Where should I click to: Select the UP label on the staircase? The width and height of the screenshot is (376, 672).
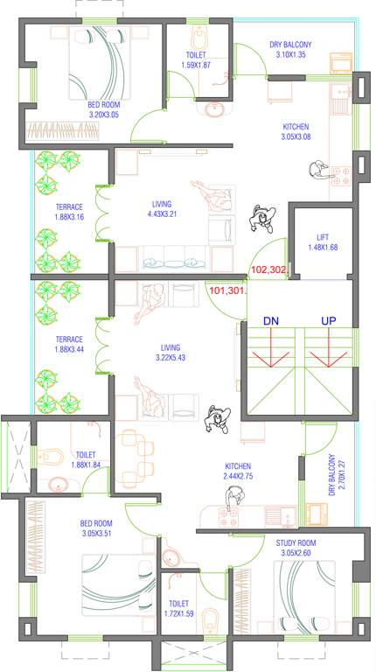point(328,321)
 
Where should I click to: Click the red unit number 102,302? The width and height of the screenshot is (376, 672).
point(268,270)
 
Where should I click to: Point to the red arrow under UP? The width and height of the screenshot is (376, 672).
point(328,355)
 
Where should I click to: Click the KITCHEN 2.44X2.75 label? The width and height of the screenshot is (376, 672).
point(239,471)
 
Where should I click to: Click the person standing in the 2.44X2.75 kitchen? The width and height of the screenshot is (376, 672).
point(232,498)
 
